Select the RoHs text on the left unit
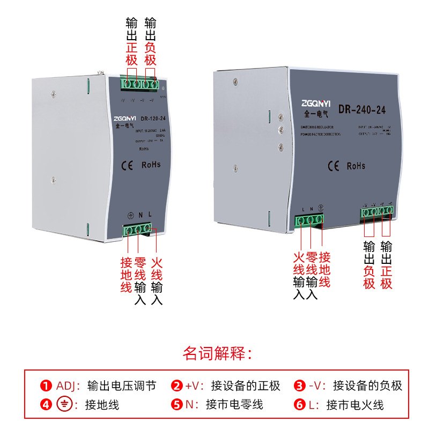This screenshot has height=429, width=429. [x=151, y=165]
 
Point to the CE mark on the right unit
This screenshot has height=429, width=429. [x=332, y=166]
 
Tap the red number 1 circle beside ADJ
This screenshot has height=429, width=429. [x=46, y=386]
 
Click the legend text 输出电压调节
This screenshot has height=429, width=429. [x=121, y=386]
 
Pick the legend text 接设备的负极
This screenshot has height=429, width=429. [x=367, y=386]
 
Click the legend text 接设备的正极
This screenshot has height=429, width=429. [x=246, y=386]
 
